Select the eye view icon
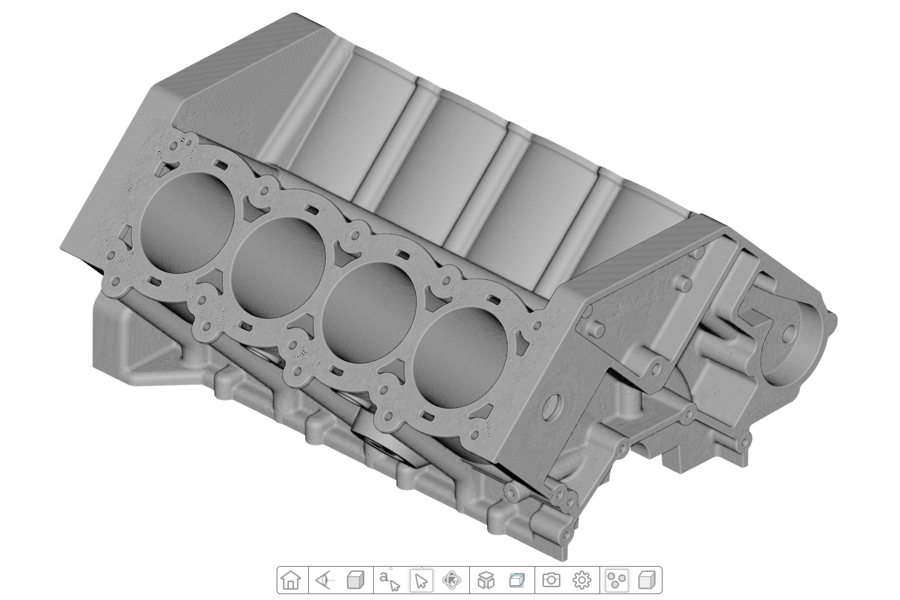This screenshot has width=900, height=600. (324, 580)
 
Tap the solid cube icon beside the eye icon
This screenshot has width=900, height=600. (355, 580)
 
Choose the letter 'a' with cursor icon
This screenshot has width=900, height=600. (389, 580)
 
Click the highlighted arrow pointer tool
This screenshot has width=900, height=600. (421, 580)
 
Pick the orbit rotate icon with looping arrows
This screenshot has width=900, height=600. (452, 580)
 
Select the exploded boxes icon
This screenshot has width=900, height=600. (486, 580)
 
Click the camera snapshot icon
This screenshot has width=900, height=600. (551, 580)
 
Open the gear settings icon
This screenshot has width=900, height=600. (582, 580)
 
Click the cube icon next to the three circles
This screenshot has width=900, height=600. (647, 580)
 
